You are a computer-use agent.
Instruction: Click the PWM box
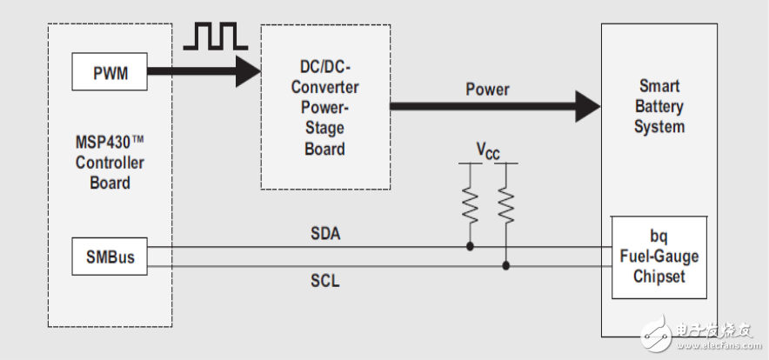110,73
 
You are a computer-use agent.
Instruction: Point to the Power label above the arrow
488,89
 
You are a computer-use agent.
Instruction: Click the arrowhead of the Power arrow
586,107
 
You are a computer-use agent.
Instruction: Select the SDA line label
324,234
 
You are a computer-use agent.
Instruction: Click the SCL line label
324,282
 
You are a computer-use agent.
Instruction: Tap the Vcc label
488,150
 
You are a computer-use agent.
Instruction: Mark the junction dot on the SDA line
470,247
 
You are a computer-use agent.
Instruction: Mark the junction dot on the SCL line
505,265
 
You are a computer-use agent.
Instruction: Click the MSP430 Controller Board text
110,163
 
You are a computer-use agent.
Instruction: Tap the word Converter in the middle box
325,88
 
